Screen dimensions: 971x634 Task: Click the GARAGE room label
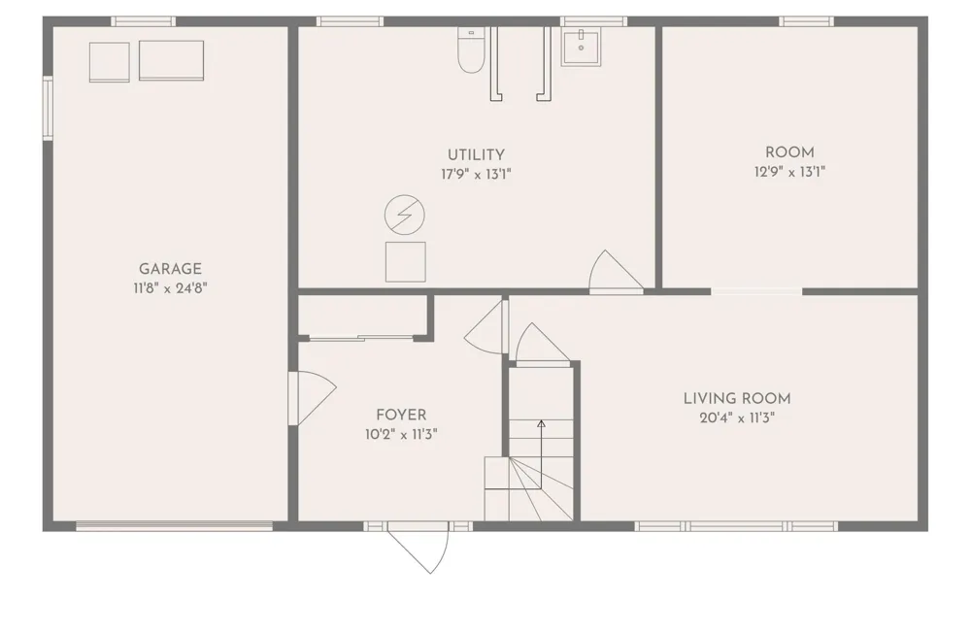[170, 269]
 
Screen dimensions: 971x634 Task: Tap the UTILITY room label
[476, 154]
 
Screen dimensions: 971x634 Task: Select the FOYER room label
[401, 415]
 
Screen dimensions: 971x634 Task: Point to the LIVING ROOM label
[737, 399]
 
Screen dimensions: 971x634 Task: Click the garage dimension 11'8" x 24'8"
[170, 288]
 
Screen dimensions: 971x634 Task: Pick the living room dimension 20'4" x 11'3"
[737, 417]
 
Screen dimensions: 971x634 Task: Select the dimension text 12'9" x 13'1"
[789, 172]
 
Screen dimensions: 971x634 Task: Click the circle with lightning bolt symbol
[404, 215]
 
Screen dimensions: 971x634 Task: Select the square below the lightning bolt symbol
[406, 262]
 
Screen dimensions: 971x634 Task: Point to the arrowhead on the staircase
[541, 424]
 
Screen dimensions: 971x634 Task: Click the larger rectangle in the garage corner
[172, 60]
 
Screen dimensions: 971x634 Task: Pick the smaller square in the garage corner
[110, 62]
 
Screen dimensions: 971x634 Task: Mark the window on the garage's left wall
[47, 108]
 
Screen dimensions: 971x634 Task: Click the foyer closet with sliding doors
[363, 317]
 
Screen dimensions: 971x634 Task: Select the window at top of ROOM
[806, 21]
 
